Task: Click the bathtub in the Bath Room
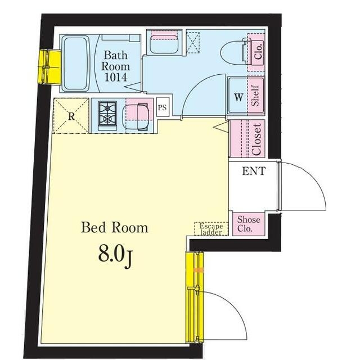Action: pos(75,64)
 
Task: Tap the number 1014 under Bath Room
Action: pos(115,77)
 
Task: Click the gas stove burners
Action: pos(107,114)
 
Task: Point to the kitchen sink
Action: pos(136,117)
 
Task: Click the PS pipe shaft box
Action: pos(163,107)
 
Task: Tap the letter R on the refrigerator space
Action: pos(71,116)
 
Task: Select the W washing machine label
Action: pos(238,97)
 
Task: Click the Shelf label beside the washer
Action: pos(255,96)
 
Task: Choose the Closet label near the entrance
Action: pos(256,139)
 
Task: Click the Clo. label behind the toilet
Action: pos(258,51)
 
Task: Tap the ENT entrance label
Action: pos(254,171)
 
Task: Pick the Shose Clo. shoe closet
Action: pos(249,224)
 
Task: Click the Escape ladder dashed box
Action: pos(211,229)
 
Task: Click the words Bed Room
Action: pos(114,227)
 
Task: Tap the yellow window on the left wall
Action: pos(49,67)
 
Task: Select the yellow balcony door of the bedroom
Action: pos(195,298)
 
